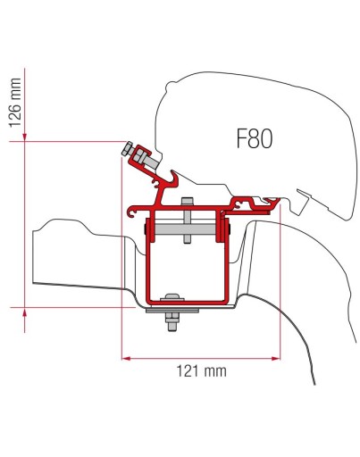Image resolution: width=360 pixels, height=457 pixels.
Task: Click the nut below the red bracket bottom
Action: pos(168,324)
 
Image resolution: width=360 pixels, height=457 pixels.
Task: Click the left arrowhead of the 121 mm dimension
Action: pos(125,360)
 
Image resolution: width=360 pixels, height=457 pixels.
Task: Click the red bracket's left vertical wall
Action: pos(144,259)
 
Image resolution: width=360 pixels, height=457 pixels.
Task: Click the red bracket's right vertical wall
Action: pos(227,259)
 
